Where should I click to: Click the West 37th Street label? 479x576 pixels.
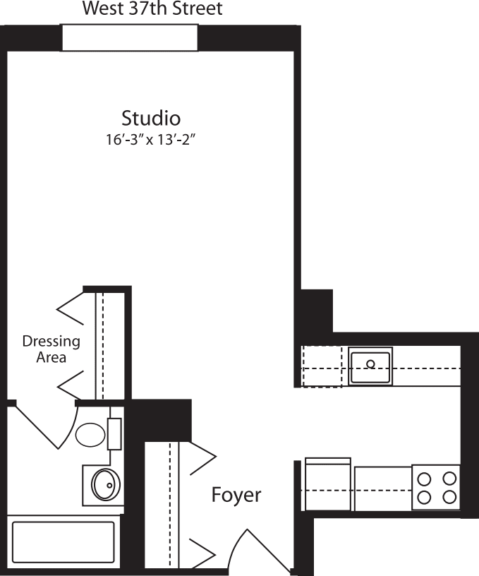point(152,9)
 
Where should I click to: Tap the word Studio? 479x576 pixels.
point(151,117)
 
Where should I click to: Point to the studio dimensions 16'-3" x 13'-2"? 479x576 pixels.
point(150,139)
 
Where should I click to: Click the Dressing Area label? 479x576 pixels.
point(51,349)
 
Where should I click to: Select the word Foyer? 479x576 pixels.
point(236,495)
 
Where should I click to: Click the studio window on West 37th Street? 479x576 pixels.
point(130,37)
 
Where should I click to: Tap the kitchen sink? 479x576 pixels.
point(370,366)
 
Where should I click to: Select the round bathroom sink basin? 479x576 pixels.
point(107,484)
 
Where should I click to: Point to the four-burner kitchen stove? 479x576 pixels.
point(436,487)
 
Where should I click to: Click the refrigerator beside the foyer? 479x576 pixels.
point(327,484)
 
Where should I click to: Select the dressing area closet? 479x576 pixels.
point(109,344)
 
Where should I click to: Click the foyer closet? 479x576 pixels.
point(162,505)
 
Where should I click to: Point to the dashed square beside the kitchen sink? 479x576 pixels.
point(322,366)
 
